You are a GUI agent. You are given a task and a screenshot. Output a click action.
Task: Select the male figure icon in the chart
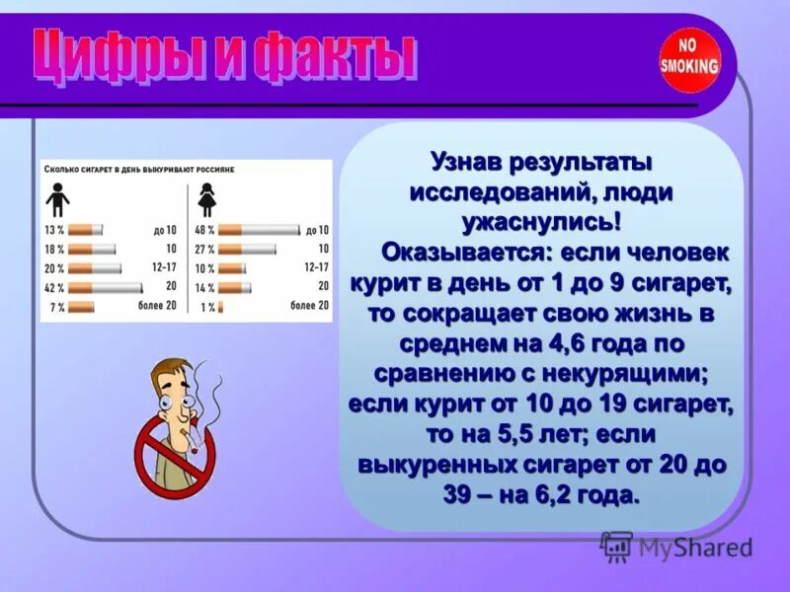click(58, 202)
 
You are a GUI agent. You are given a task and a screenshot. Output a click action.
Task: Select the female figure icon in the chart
click(206, 202)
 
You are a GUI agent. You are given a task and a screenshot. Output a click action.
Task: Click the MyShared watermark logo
click(675, 547)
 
